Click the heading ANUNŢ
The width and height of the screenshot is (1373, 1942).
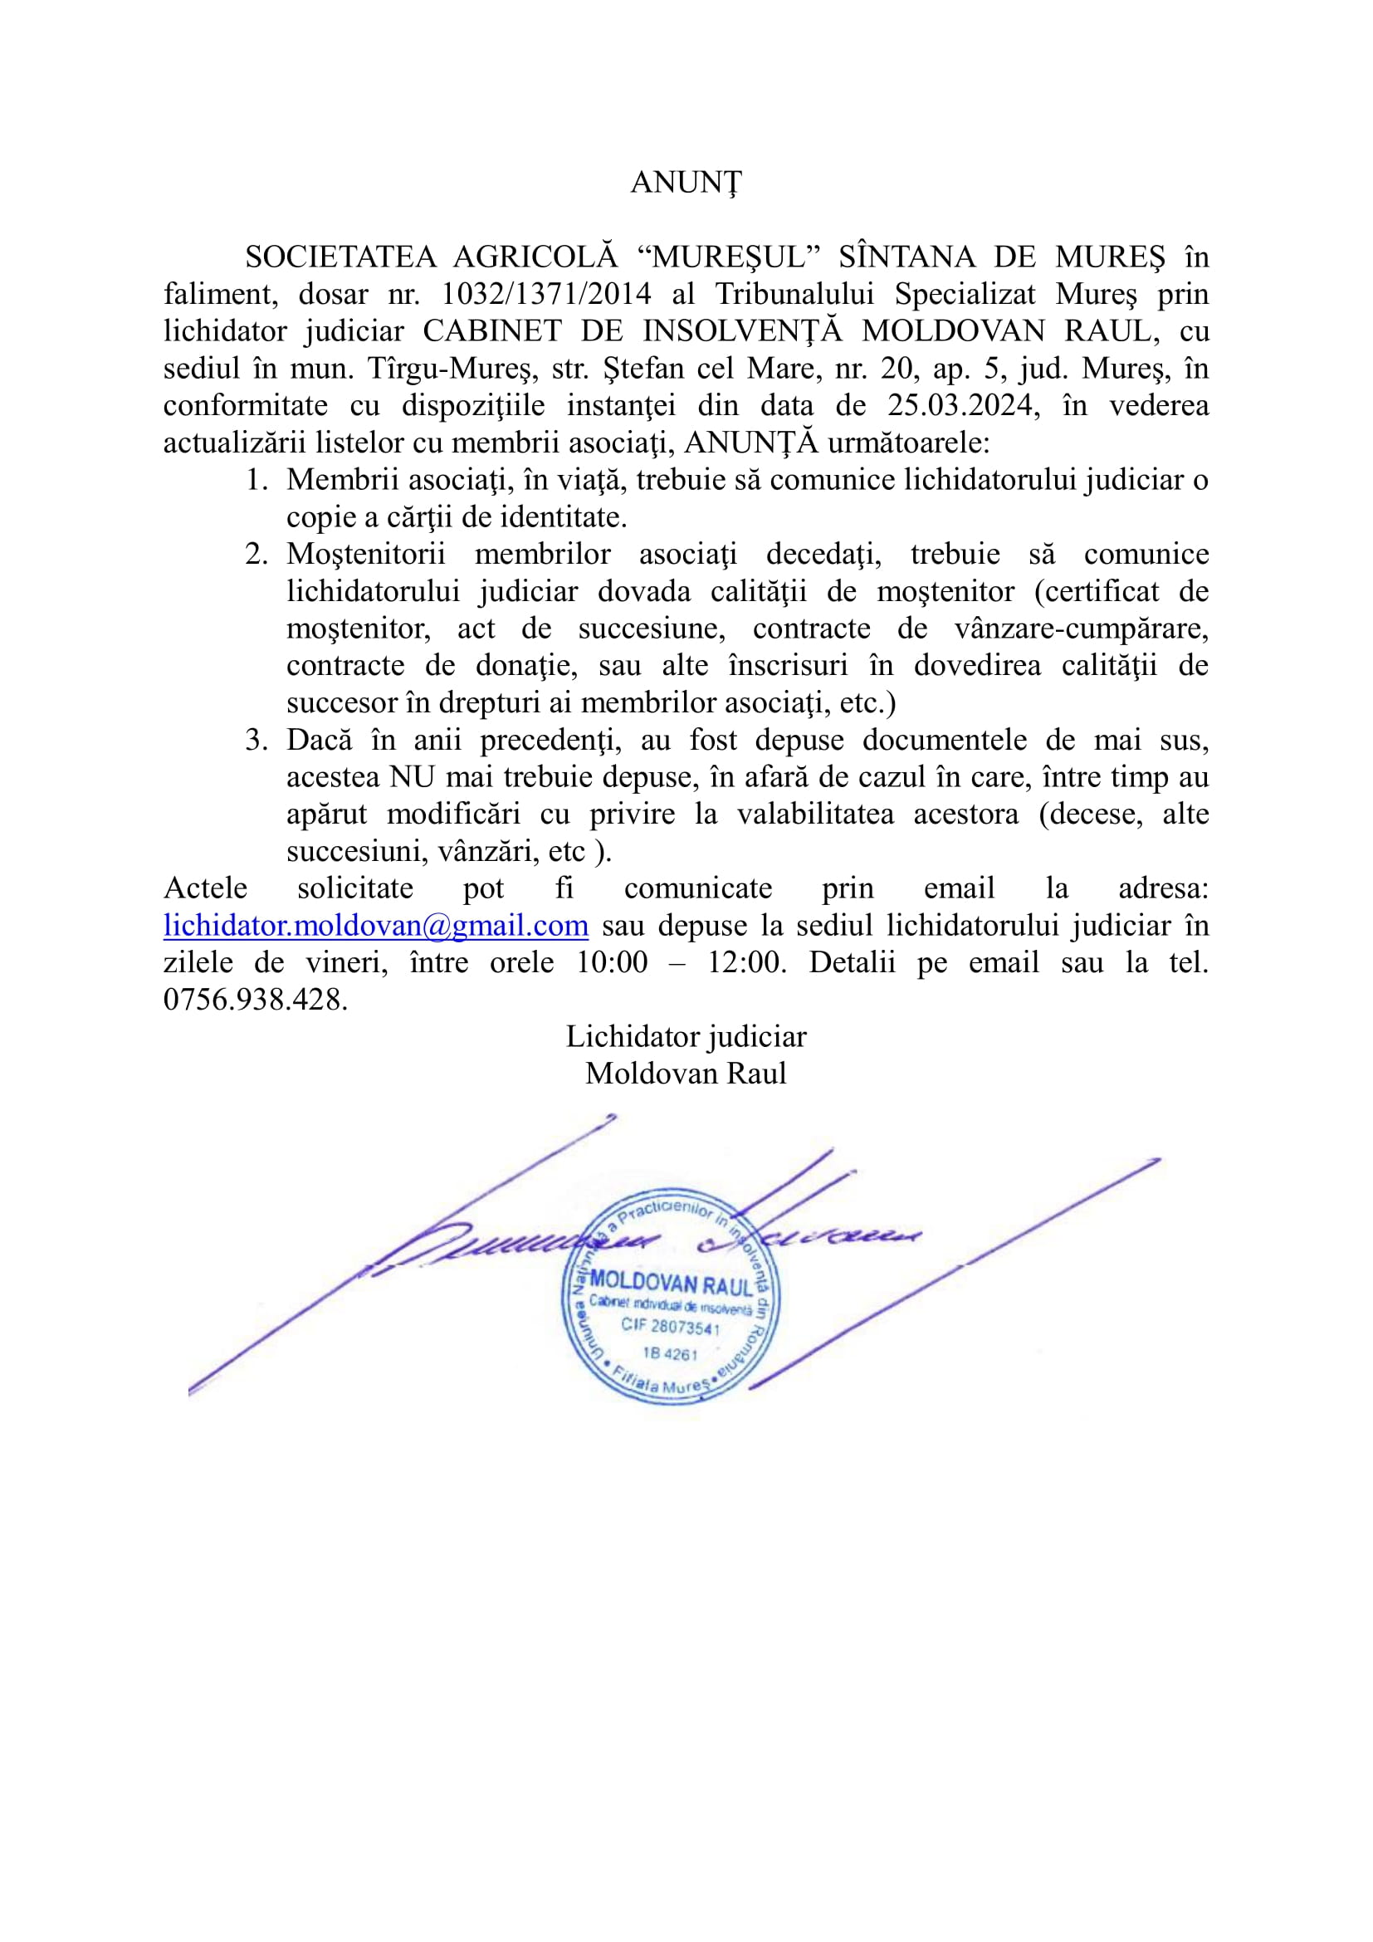point(686,183)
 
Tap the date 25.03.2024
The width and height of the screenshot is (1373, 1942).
point(961,405)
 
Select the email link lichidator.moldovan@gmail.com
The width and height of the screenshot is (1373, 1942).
point(375,925)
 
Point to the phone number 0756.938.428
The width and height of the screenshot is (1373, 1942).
point(256,1000)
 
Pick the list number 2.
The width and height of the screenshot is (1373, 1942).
point(257,554)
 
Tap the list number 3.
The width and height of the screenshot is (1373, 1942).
point(257,740)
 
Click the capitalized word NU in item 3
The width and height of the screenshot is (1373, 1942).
point(411,776)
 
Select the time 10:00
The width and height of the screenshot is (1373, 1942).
point(611,962)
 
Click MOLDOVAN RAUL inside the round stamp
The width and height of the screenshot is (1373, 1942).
point(671,1284)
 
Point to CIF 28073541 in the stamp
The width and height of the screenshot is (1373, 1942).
point(671,1325)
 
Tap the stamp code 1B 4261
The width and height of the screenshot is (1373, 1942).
point(670,1353)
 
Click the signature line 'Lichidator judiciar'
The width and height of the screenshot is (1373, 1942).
point(686,1037)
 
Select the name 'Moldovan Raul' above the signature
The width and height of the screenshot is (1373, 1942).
point(686,1074)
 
